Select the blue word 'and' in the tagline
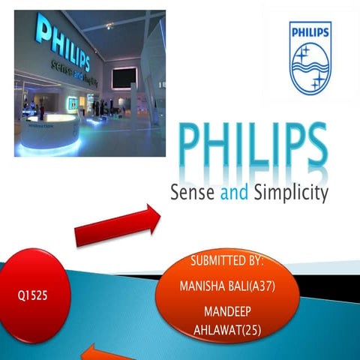[234, 193]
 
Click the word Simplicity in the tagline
[289, 194]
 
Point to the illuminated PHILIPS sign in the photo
[63, 45]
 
